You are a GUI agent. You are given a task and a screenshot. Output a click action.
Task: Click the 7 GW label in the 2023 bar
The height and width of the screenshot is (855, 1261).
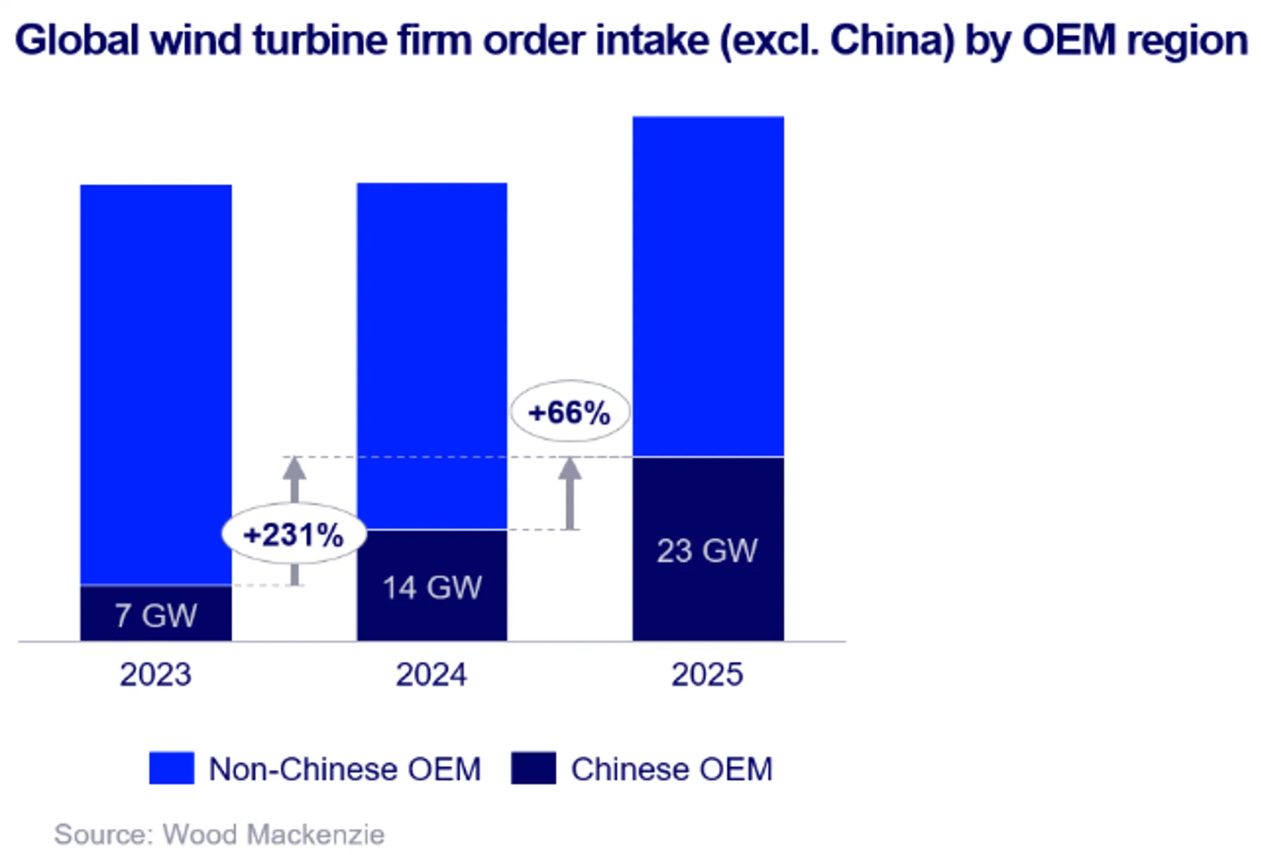point(156,615)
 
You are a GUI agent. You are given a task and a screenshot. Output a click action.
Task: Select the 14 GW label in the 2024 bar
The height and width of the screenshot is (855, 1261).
point(432,587)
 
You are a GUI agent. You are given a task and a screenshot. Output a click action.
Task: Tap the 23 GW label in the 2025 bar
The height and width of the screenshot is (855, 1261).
point(707,551)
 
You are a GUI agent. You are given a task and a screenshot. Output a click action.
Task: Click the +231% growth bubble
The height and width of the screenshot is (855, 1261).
point(294,535)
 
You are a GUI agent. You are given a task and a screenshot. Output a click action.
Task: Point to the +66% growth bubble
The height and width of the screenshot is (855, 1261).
point(570,412)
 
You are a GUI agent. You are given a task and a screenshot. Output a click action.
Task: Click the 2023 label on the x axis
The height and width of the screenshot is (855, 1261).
point(156,674)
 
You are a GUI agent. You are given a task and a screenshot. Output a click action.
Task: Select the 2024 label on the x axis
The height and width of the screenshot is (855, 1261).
point(432,674)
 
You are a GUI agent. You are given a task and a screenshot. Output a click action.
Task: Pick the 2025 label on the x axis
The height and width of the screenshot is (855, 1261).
point(707,674)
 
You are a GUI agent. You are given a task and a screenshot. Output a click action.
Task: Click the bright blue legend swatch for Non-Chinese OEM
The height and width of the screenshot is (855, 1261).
point(172,768)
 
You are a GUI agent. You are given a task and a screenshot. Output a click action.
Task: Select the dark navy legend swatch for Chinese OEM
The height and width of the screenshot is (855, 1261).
point(533,768)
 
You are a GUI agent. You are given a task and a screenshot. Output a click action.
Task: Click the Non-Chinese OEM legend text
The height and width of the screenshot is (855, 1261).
point(345,769)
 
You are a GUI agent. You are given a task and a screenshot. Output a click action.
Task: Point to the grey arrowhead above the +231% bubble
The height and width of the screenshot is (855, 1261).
point(294,469)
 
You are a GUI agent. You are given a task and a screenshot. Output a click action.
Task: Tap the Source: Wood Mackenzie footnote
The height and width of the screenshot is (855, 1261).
point(219,834)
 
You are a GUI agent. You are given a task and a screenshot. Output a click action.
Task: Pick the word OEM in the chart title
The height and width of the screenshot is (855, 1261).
point(1068,40)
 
